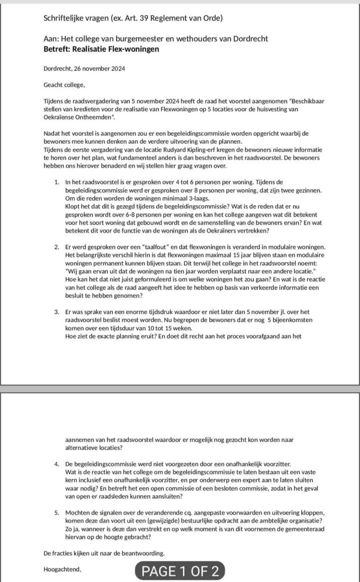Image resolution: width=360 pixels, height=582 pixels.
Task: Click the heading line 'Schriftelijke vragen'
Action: (x=133, y=18)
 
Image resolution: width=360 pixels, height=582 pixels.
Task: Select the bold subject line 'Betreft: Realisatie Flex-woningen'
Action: (x=101, y=49)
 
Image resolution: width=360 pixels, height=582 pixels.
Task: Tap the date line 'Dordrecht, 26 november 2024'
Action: (x=84, y=69)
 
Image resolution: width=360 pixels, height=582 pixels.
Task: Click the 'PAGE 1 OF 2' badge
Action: (x=180, y=571)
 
